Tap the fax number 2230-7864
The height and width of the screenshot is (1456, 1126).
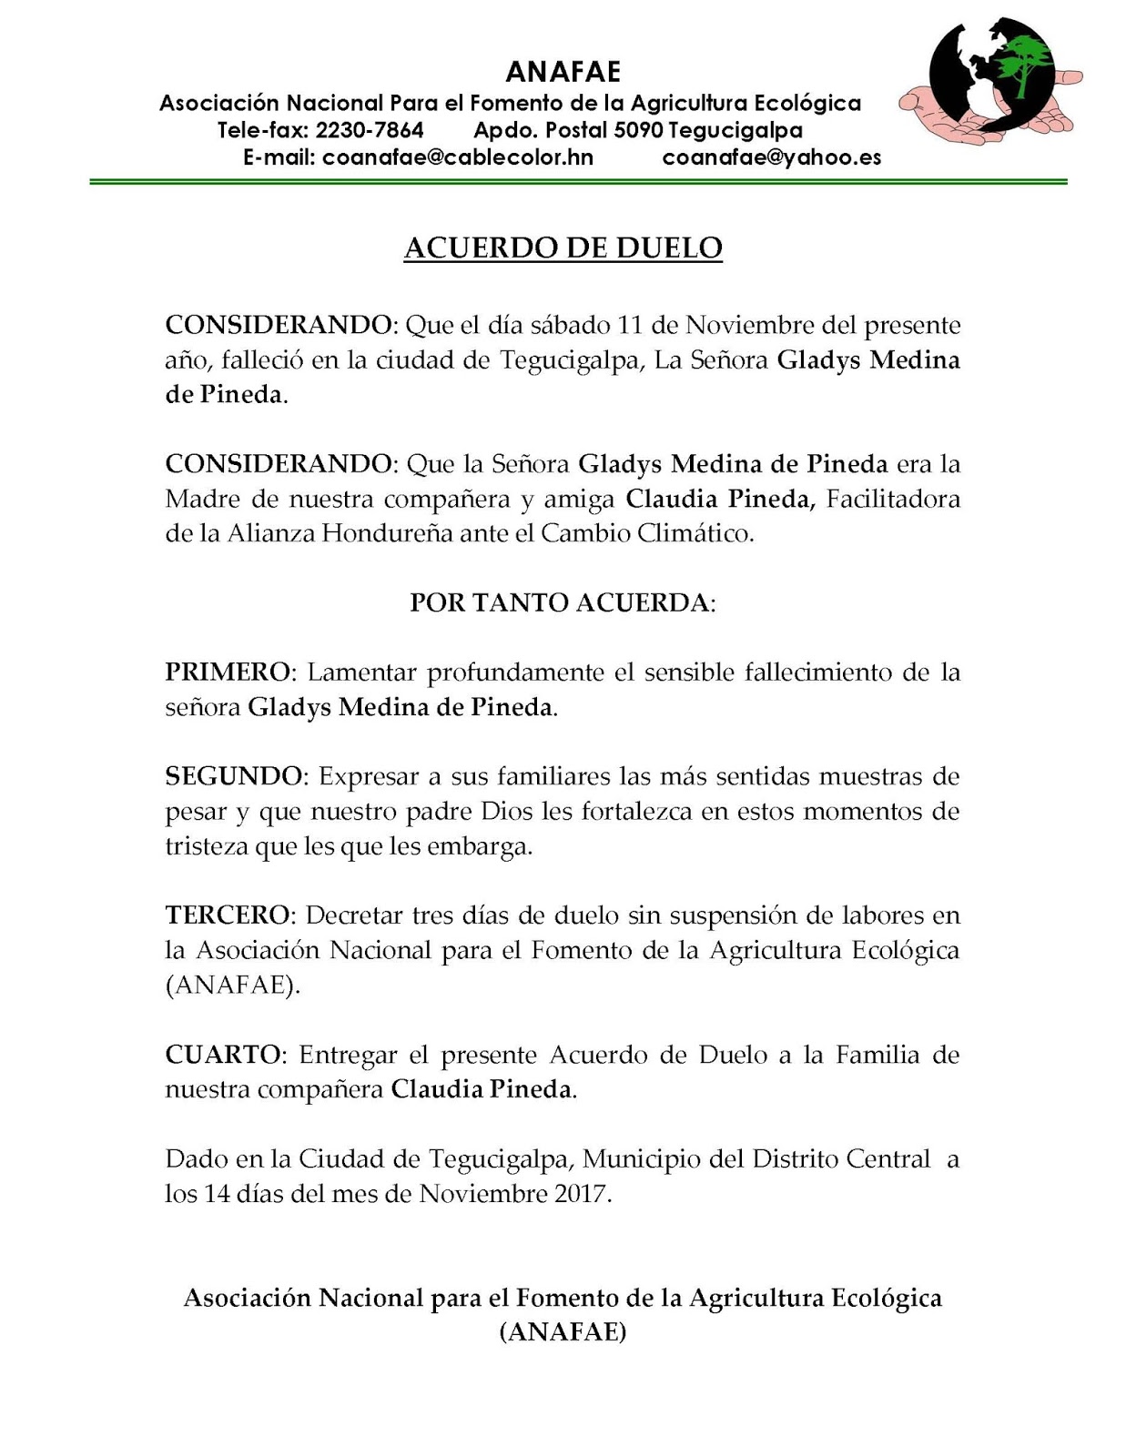pyautogui.click(x=370, y=130)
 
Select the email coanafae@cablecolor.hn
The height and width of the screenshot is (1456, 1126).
pyautogui.click(x=458, y=157)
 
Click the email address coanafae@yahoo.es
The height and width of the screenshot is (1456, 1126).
pyautogui.click(x=772, y=157)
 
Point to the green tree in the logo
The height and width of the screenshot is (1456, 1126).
pyautogui.click(x=1025, y=62)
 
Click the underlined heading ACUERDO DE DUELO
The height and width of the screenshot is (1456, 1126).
pyautogui.click(x=563, y=248)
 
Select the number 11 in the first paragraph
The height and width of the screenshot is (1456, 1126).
pyautogui.click(x=631, y=325)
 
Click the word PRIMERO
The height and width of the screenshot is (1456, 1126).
pyautogui.click(x=227, y=672)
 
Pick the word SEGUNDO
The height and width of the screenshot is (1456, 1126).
pyautogui.click(x=232, y=776)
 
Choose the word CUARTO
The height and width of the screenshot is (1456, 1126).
pyautogui.click(x=221, y=1055)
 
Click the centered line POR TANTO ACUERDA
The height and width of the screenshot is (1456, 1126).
pyautogui.click(x=561, y=602)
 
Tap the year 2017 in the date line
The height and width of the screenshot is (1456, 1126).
pyautogui.click(x=579, y=1193)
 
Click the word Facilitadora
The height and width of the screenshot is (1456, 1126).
pyautogui.click(x=893, y=499)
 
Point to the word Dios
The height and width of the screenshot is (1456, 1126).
pyautogui.click(x=506, y=811)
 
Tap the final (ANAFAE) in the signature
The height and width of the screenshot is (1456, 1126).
pyautogui.click(x=563, y=1332)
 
